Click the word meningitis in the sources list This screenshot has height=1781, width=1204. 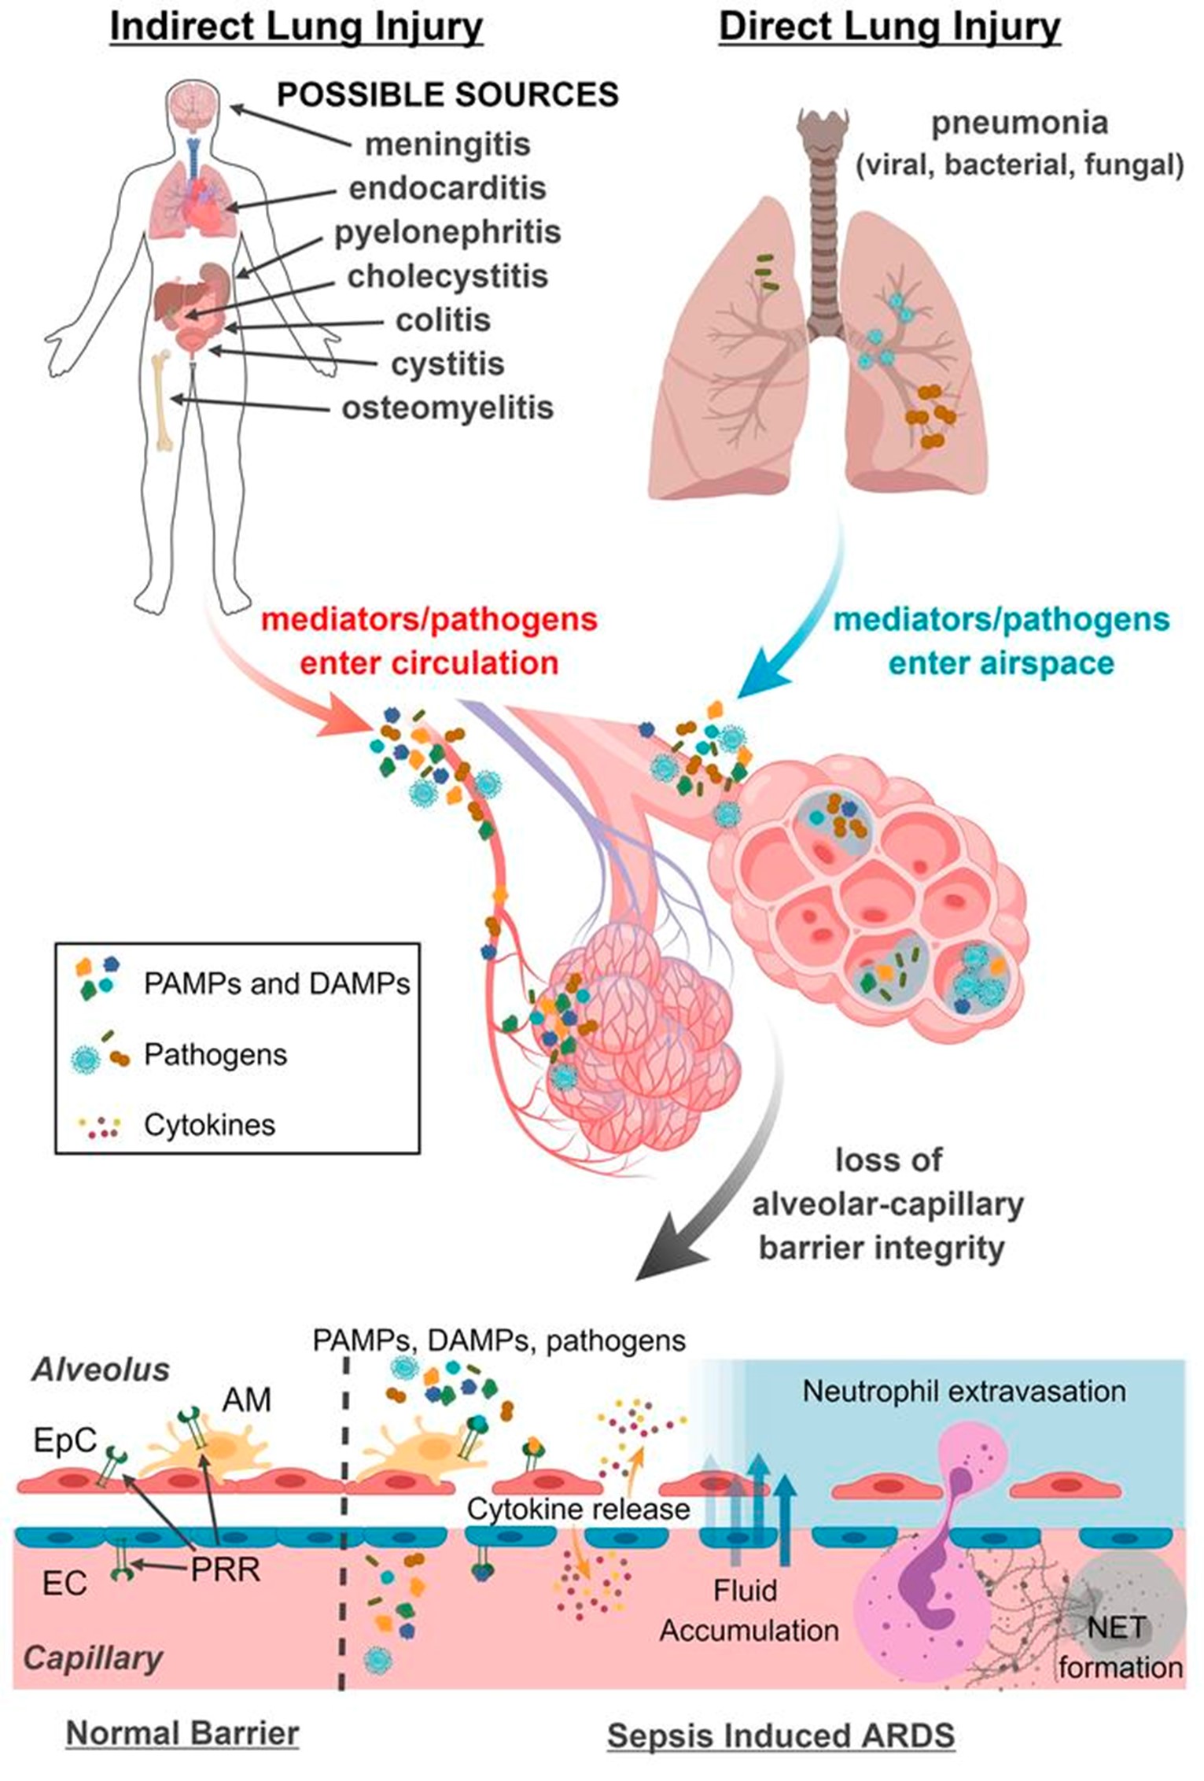(x=447, y=145)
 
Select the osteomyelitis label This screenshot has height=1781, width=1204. (x=447, y=408)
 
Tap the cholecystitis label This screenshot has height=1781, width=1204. (x=447, y=277)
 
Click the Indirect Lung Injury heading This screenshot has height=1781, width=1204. (x=296, y=28)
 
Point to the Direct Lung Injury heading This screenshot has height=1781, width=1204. (x=889, y=28)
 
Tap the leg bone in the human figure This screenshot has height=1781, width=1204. (x=164, y=402)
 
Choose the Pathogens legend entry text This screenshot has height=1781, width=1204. (x=215, y=1055)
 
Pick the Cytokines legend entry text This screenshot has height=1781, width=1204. (x=209, y=1125)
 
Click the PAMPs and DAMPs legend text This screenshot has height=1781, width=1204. (x=277, y=984)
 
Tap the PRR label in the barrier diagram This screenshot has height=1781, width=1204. (x=225, y=1570)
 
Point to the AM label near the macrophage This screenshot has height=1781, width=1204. (x=246, y=1400)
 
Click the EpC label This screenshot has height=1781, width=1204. (x=64, y=1440)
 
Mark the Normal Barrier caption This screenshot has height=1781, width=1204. (x=182, y=1735)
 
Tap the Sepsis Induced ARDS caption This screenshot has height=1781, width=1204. (x=781, y=1736)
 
